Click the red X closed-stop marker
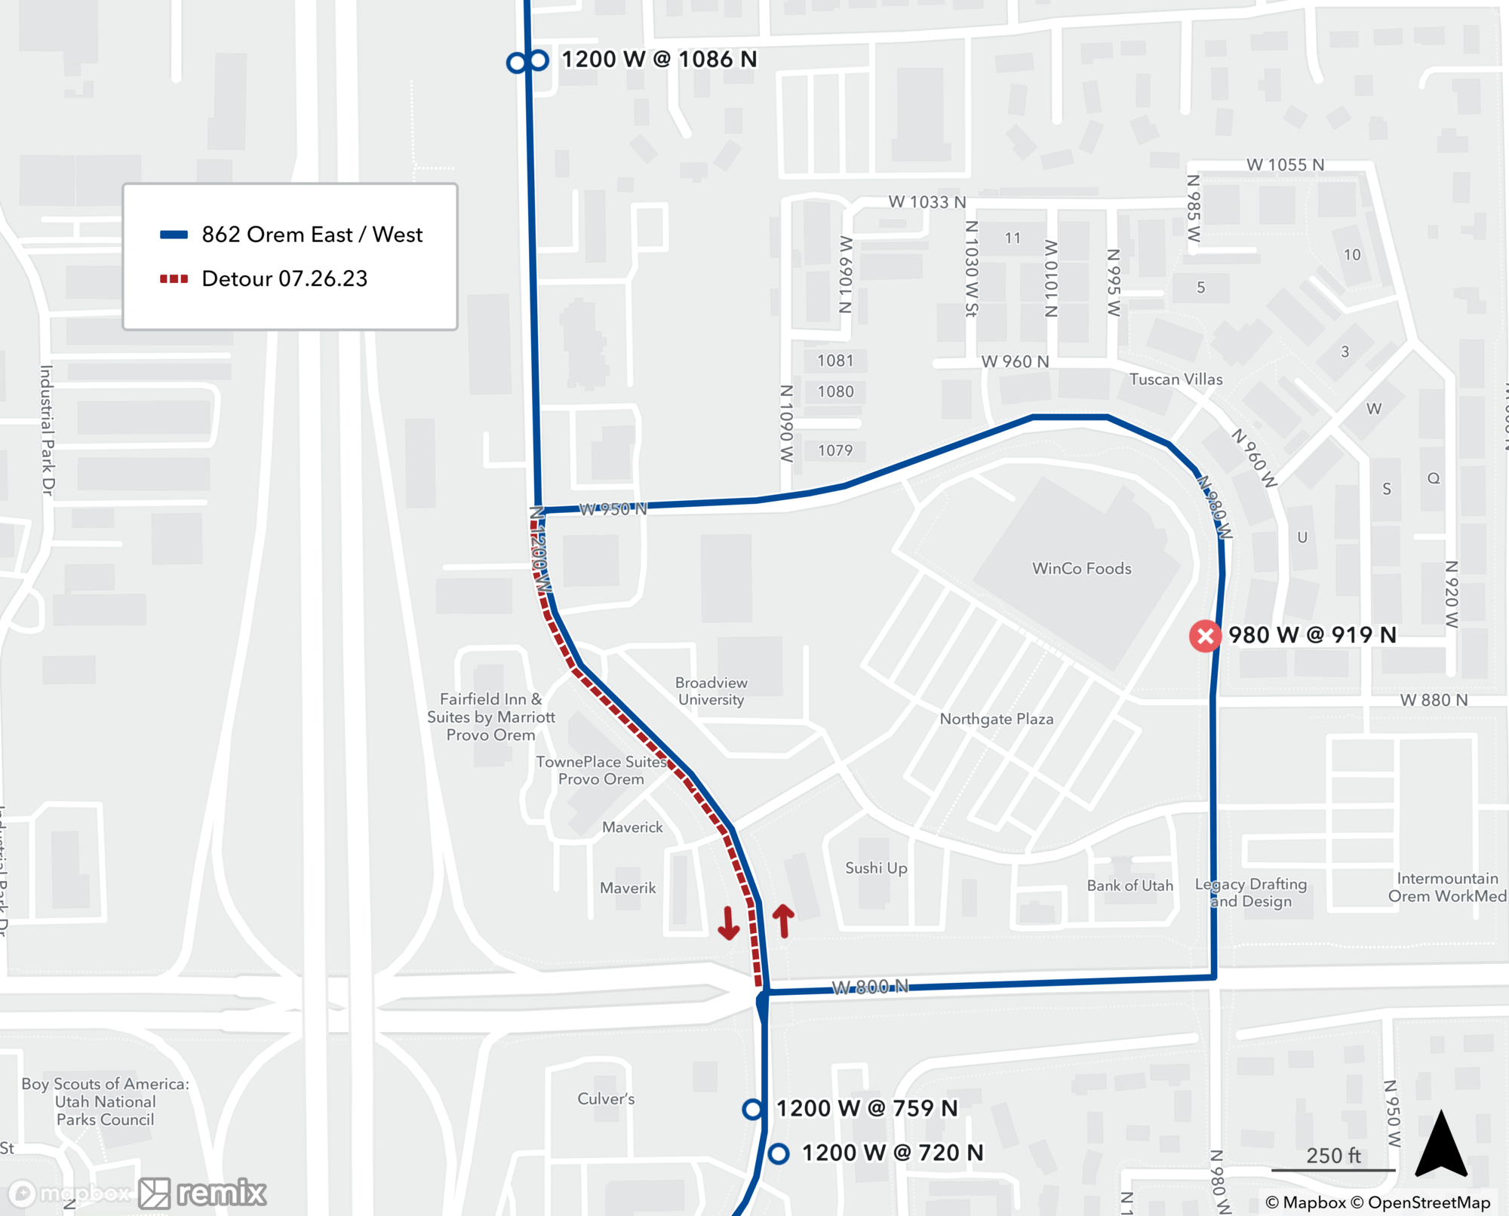tap(1205, 636)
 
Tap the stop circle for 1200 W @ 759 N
tap(752, 1108)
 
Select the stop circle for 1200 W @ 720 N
tap(779, 1153)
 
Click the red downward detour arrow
tap(728, 923)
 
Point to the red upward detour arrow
tap(784, 920)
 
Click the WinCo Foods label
tap(1081, 568)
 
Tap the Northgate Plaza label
tap(996, 719)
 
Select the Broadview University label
tap(711, 691)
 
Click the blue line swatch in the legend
tap(174, 235)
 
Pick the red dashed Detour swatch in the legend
tap(174, 279)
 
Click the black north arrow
tap(1441, 1145)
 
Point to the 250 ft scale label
tap(1333, 1156)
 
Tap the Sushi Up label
tap(876, 867)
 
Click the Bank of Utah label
tap(1129, 886)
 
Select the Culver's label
tap(606, 1098)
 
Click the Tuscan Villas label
tap(1176, 379)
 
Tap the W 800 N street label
tap(870, 987)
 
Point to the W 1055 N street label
tap(1285, 164)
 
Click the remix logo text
tap(221, 1193)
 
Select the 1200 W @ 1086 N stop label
tap(659, 59)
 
